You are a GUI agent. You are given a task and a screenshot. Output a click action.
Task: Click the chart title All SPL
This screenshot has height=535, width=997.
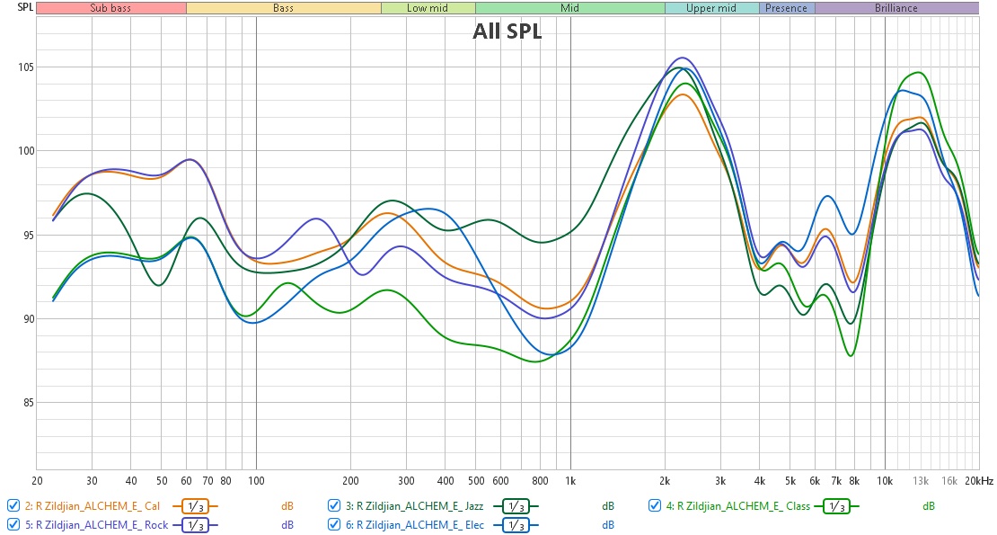tap(507, 32)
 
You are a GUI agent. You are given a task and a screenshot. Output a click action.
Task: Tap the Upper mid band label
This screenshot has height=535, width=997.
tap(711, 8)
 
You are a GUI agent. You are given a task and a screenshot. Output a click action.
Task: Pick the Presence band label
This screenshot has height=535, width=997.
tap(787, 8)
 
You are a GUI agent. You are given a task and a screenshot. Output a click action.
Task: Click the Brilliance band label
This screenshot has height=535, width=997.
tap(896, 8)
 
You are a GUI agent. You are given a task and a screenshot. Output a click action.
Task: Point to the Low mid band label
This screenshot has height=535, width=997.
tap(428, 8)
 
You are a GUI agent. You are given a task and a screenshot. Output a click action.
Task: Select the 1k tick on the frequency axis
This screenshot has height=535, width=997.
tap(570, 481)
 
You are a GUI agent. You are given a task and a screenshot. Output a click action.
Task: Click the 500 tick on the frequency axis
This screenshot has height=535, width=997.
tap(476, 481)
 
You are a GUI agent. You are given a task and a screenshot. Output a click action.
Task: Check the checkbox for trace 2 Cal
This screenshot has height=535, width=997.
tap(13, 505)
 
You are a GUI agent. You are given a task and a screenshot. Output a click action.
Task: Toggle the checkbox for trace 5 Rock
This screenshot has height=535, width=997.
tap(13, 524)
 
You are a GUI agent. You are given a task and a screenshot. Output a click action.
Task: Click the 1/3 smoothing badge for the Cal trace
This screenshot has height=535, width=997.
tap(196, 505)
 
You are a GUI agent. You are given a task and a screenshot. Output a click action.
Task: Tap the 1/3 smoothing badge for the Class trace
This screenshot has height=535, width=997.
tap(835, 505)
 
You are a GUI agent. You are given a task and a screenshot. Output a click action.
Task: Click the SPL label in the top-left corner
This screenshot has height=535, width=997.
tap(17, 7)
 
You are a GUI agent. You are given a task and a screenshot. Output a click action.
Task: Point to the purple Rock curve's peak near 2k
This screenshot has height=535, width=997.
tap(683, 58)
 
